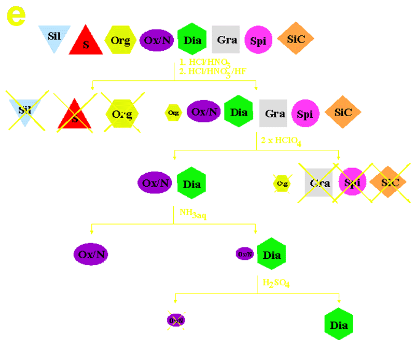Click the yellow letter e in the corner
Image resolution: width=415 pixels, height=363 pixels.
pyautogui.click(x=16, y=17)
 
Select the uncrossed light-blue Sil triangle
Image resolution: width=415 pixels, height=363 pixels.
pyautogui.click(x=54, y=37)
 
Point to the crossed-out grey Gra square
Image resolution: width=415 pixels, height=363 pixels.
pyautogui.click(x=320, y=183)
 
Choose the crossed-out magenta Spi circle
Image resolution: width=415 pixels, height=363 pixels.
pyautogui.click(x=353, y=183)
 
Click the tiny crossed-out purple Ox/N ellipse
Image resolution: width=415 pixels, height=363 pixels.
pyautogui.click(x=176, y=320)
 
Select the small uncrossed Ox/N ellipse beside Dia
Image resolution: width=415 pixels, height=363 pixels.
pyautogui.click(x=245, y=254)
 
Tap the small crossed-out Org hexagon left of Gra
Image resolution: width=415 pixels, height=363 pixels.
pyautogui.click(x=282, y=183)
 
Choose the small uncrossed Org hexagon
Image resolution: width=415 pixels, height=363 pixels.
pyautogui.click(x=173, y=113)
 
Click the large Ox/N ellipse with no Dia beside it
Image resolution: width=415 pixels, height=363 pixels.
pyautogui.click(x=91, y=254)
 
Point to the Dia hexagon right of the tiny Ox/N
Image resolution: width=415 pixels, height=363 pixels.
pyautogui.click(x=272, y=254)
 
